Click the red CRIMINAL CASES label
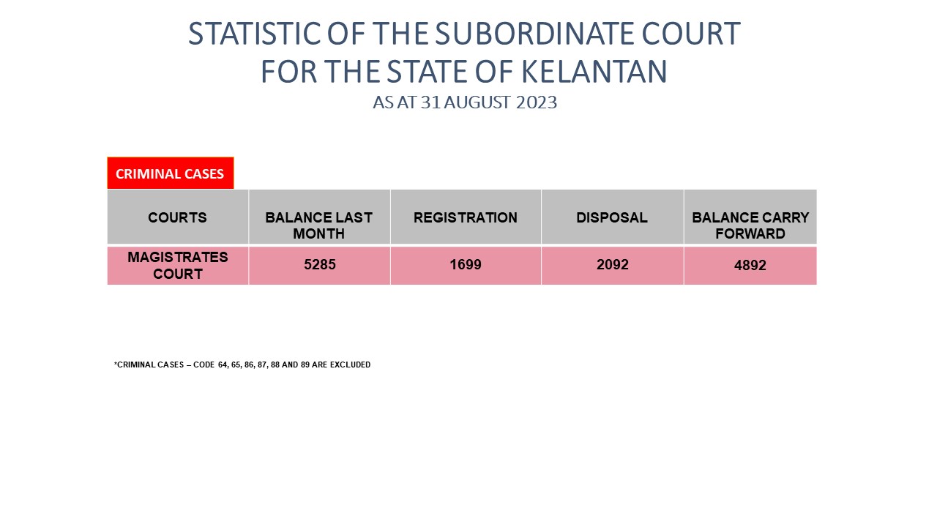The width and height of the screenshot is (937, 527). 171,173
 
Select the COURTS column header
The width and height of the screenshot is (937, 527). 177,217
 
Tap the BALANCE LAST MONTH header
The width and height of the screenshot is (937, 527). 318,225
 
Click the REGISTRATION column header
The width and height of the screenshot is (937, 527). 466,217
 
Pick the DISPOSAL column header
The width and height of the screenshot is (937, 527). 612,217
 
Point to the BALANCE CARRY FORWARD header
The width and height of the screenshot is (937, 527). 750,225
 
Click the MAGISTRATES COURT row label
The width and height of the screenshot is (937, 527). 178,266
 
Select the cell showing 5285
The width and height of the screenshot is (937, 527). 320,265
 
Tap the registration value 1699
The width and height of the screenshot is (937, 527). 466,265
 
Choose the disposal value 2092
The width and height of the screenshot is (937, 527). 613,265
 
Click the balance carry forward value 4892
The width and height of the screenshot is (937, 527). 750,266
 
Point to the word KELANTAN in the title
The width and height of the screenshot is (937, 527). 594,72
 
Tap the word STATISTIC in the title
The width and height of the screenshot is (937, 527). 255,34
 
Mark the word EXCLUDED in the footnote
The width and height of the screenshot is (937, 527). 350,365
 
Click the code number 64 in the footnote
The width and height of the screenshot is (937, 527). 223,365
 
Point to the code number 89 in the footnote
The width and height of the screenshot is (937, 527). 305,365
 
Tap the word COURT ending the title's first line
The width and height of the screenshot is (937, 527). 691,34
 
